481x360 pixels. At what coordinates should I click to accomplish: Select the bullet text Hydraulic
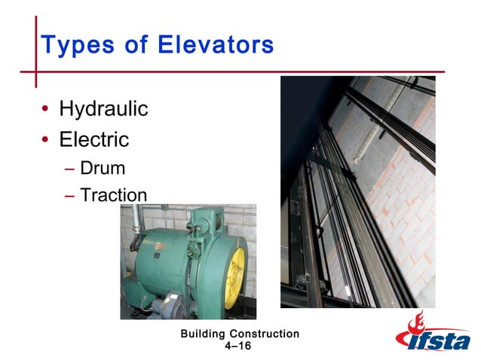click(103, 110)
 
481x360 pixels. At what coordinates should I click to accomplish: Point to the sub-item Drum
click(103, 168)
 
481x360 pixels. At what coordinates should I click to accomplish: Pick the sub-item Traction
click(114, 195)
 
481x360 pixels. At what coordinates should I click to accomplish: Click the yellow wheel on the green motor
click(236, 268)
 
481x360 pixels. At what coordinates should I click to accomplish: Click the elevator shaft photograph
click(357, 192)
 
